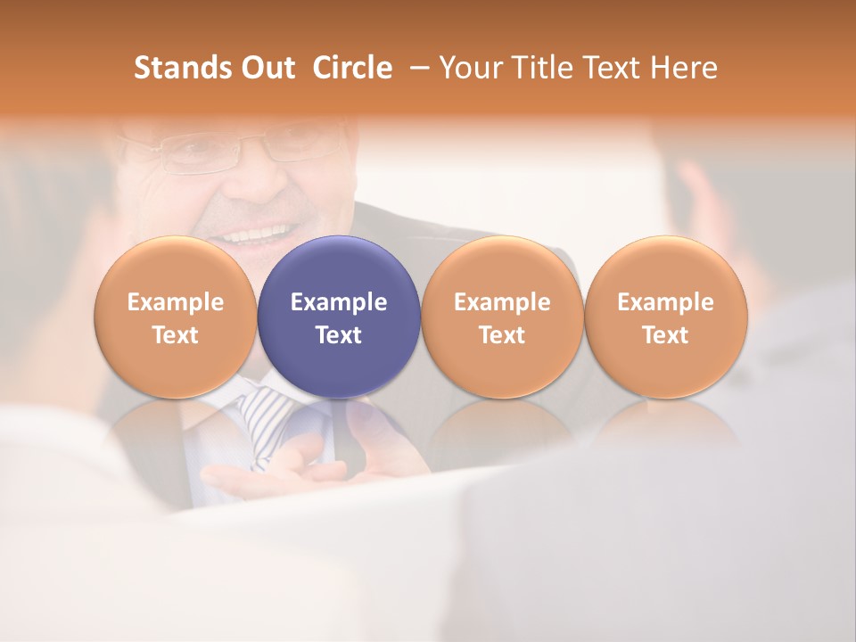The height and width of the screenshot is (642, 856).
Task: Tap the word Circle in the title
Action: point(352,68)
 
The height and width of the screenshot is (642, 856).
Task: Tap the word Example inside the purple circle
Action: point(339,302)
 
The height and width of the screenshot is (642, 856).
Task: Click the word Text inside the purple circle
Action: point(339,335)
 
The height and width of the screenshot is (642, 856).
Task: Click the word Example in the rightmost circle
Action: point(665,302)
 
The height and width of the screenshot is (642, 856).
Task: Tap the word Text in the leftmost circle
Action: point(175,335)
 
